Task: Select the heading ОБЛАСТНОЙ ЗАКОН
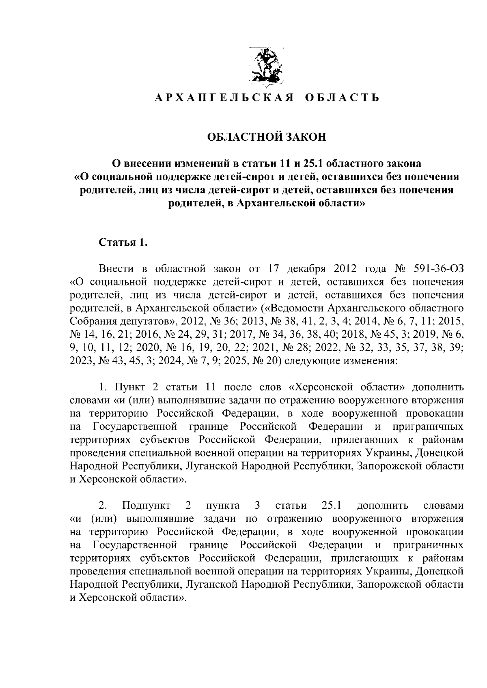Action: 267,137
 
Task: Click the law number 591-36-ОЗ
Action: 437,269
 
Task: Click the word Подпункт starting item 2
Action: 147,506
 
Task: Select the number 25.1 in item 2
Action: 330,506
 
